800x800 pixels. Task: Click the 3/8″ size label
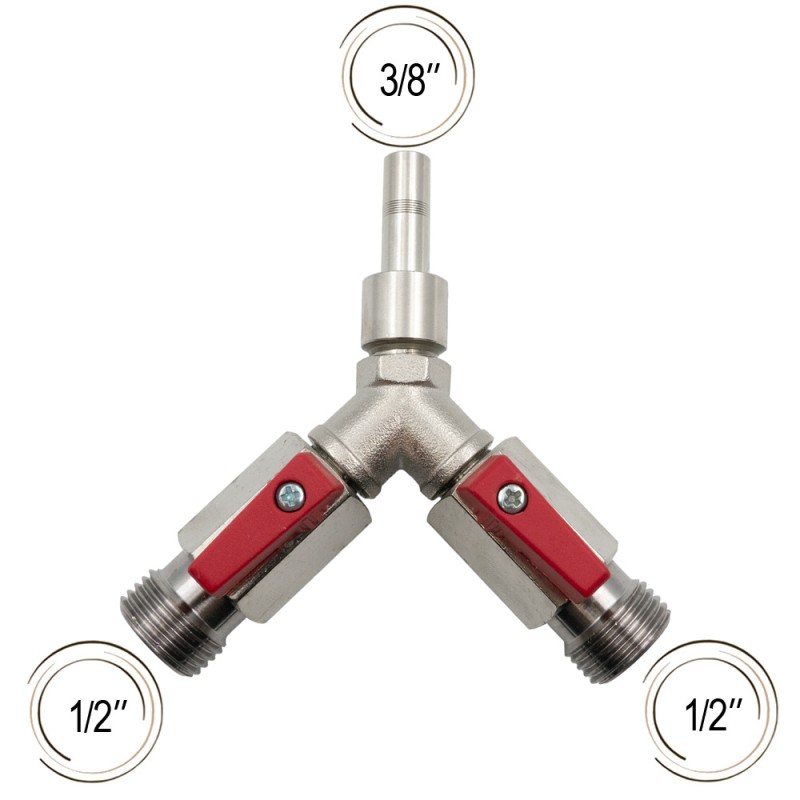[410, 80]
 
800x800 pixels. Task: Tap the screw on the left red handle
[290, 496]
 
